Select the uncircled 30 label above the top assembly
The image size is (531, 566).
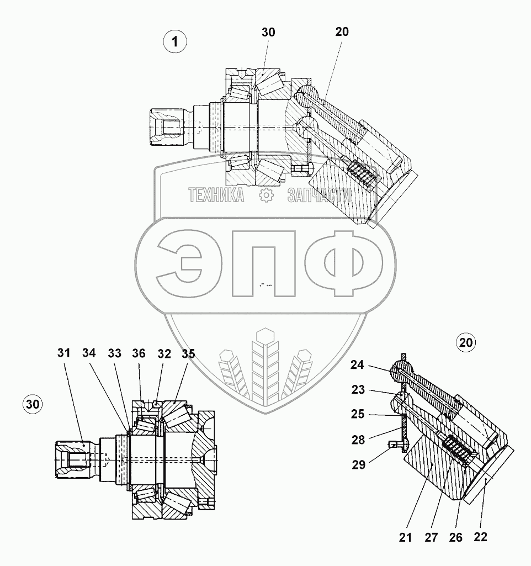pyautogui.click(x=268, y=33)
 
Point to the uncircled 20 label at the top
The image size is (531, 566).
pyautogui.click(x=342, y=32)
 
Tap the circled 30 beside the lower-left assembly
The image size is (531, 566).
pyautogui.click(x=33, y=405)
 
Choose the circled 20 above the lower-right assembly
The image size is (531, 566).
pyautogui.click(x=466, y=343)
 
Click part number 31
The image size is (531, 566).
pyautogui.click(x=64, y=353)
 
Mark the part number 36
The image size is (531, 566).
pyautogui.click(x=139, y=353)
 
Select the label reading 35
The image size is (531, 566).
pyautogui.click(x=188, y=353)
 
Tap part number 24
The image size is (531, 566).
pyautogui.click(x=358, y=365)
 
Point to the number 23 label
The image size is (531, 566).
pyautogui.click(x=358, y=390)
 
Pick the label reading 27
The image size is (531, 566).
pyautogui.click(x=431, y=536)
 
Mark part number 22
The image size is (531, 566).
pyautogui.click(x=481, y=536)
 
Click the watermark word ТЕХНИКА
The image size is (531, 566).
pyautogui.click(x=216, y=195)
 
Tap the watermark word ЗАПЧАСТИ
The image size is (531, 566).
pyautogui.click(x=319, y=195)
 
